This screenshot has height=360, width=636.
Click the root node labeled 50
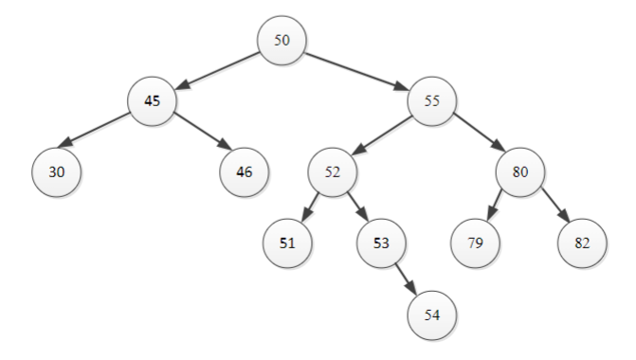click(x=282, y=42)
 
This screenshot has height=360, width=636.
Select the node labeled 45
click(x=153, y=102)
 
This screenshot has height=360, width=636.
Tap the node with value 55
click(x=432, y=102)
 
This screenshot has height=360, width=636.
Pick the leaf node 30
click(x=56, y=172)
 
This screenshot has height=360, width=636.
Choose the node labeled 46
click(x=244, y=172)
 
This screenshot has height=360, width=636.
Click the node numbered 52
click(x=332, y=172)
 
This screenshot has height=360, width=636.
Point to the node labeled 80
click(x=519, y=172)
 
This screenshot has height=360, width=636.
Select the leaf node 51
click(x=287, y=243)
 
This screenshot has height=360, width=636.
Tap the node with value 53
click(x=381, y=243)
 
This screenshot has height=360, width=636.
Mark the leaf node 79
click(x=476, y=243)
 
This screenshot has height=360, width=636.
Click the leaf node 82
click(x=582, y=243)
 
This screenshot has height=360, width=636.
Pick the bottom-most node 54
click(x=432, y=315)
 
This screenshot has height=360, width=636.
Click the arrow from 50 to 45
click(x=217, y=72)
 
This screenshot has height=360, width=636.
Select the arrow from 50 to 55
click(x=357, y=72)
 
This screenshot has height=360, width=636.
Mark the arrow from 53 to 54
click(x=407, y=279)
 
